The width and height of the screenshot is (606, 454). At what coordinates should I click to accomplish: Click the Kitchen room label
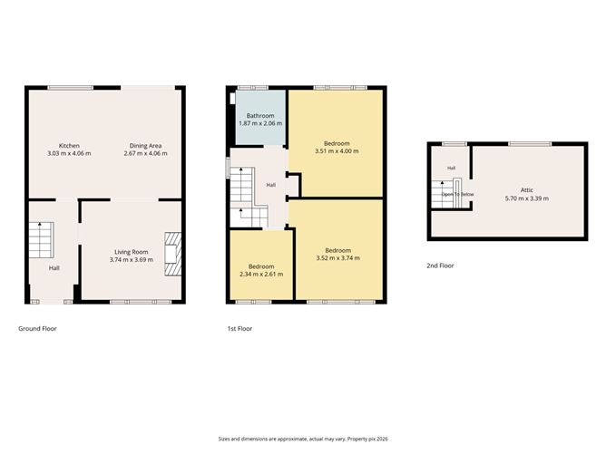pos(69,146)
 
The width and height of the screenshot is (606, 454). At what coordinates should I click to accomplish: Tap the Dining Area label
pos(145,146)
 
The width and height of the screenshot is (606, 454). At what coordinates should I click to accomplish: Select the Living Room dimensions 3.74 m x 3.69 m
pos(132,260)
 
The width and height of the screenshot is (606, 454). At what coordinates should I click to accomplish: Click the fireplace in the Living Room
pos(172,254)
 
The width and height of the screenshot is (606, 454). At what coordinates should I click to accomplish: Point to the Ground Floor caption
pos(37,329)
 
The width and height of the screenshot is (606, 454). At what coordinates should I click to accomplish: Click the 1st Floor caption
pos(239,329)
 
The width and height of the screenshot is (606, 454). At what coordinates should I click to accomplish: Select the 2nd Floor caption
pos(440,266)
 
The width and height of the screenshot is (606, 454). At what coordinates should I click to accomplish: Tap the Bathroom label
pos(260,116)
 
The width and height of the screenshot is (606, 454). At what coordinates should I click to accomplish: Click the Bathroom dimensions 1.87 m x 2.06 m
pos(260,123)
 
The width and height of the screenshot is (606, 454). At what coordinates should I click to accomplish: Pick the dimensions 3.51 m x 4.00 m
pos(337,151)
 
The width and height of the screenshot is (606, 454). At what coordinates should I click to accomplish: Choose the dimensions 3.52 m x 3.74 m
pos(338,258)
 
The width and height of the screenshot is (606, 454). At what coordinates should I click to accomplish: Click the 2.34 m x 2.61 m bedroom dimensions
pos(261,274)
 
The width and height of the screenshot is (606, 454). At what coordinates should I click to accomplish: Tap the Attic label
pos(527,190)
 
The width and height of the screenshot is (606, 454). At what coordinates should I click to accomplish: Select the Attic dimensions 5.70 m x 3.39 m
pos(527,198)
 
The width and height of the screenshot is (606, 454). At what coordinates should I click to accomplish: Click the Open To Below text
pos(457,194)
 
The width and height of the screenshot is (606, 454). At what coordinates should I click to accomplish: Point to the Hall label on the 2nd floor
pos(452,168)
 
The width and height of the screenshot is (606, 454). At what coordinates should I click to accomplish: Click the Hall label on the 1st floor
pos(271,185)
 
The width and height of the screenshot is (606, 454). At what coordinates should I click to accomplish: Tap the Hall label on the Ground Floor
pos(54,268)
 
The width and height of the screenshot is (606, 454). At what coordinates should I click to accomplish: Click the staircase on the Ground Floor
pos(41,240)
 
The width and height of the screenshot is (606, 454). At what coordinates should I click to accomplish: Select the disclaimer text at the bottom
pos(303,439)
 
